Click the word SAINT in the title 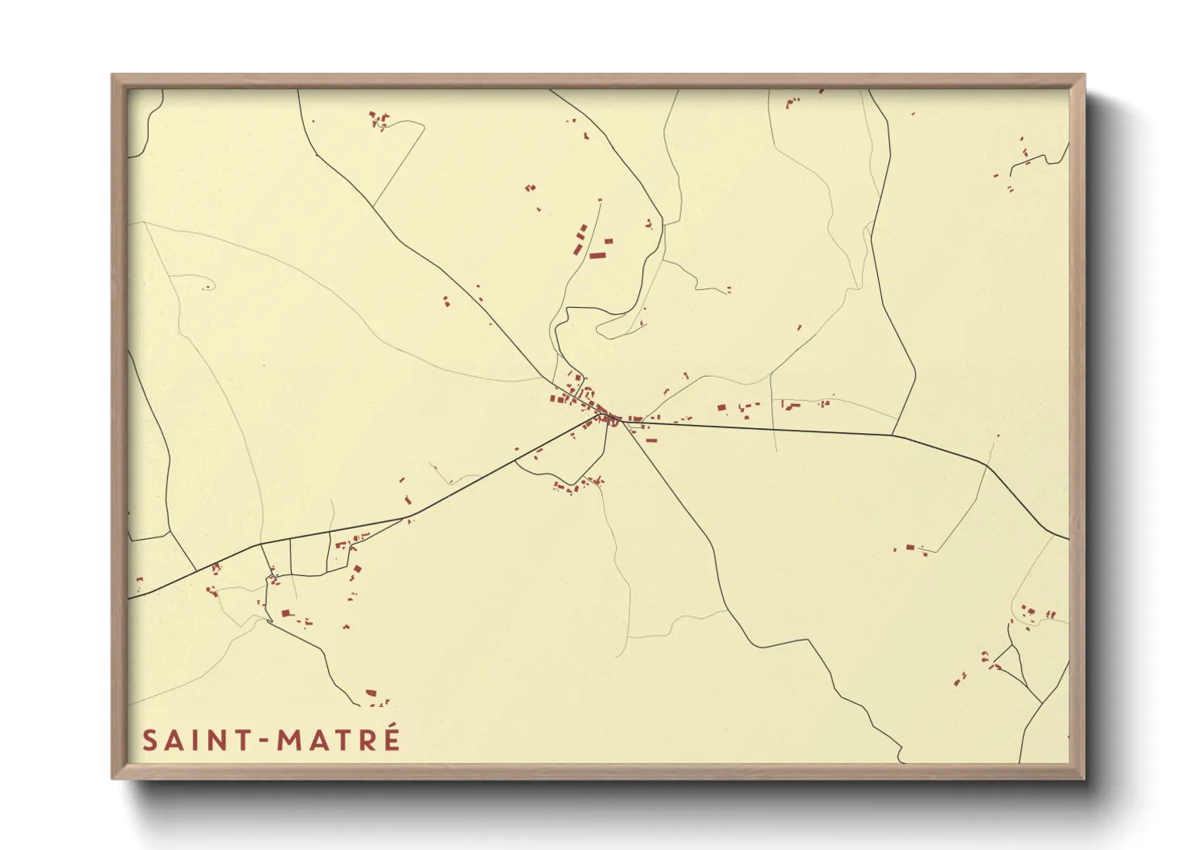pos(198,740)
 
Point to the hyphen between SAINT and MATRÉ pos(265,741)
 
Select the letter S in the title pos(150,740)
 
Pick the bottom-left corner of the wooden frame pos(113,777)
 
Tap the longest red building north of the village pos(597,255)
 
